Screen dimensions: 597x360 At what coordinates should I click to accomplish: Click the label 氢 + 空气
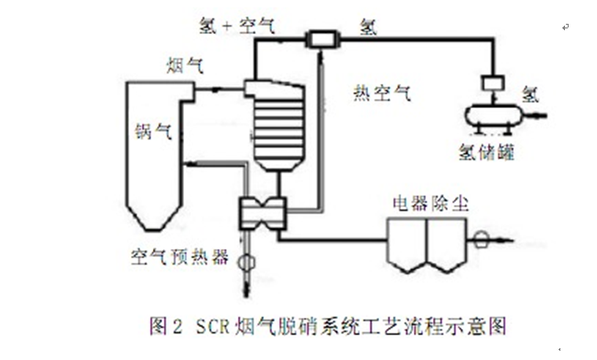(x=237, y=27)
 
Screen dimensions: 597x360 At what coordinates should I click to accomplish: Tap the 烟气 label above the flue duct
(x=185, y=66)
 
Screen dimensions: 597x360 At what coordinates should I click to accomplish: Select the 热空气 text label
(x=382, y=93)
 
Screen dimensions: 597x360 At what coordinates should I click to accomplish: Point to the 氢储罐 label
(x=487, y=152)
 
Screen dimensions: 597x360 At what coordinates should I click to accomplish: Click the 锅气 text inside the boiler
(x=154, y=132)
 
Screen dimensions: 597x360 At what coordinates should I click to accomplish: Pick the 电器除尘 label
(x=430, y=203)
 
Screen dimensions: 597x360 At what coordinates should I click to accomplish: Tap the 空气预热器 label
(x=179, y=256)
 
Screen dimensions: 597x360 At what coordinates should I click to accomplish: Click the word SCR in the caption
(x=212, y=326)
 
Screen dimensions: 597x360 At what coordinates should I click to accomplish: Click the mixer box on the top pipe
(x=322, y=38)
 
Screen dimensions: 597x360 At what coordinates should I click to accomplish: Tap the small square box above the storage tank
(x=494, y=83)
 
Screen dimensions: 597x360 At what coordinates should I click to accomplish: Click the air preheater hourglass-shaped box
(x=262, y=213)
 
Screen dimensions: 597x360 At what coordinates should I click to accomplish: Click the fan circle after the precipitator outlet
(x=482, y=240)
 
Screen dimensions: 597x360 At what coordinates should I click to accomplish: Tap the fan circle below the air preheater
(x=246, y=263)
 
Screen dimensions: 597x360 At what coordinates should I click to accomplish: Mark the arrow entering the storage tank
(x=536, y=115)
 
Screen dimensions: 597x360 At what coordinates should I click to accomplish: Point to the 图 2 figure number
(x=167, y=326)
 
